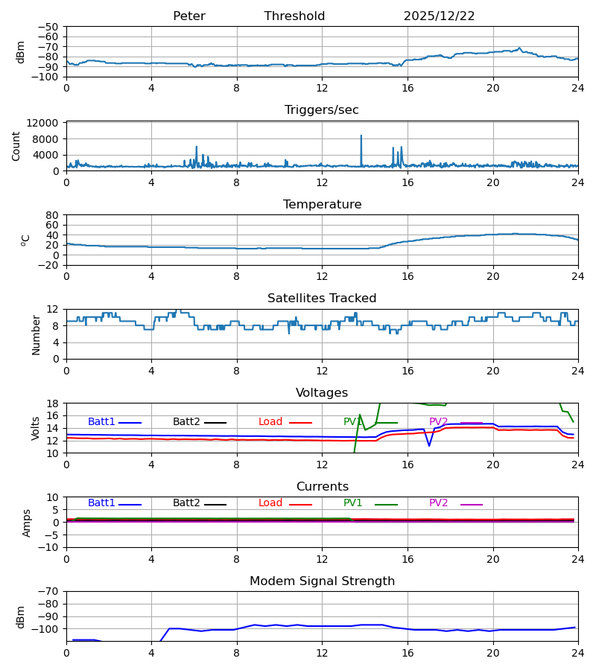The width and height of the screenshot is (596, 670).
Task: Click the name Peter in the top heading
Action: coord(188,16)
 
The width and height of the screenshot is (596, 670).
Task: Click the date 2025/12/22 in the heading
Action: coord(439,16)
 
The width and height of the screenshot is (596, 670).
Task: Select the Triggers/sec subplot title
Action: coord(322,110)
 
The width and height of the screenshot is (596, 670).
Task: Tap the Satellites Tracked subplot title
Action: coord(322,299)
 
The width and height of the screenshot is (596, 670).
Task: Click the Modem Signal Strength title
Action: coord(322,581)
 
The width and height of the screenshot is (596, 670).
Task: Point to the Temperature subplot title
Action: coord(322,205)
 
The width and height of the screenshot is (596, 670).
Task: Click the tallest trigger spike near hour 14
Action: coord(361,136)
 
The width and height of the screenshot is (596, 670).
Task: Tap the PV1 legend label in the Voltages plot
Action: coord(353,422)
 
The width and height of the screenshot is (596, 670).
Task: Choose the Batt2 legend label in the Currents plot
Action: coord(186,503)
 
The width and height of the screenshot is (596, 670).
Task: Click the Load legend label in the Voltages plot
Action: coord(270,422)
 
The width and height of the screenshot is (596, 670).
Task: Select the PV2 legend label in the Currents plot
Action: coord(439,503)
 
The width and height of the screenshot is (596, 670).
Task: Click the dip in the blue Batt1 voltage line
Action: coord(429,445)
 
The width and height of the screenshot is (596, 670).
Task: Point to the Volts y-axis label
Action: coord(36,428)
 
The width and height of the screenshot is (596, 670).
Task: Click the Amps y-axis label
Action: coord(27,523)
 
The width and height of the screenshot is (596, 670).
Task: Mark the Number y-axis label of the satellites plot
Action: coord(36,334)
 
